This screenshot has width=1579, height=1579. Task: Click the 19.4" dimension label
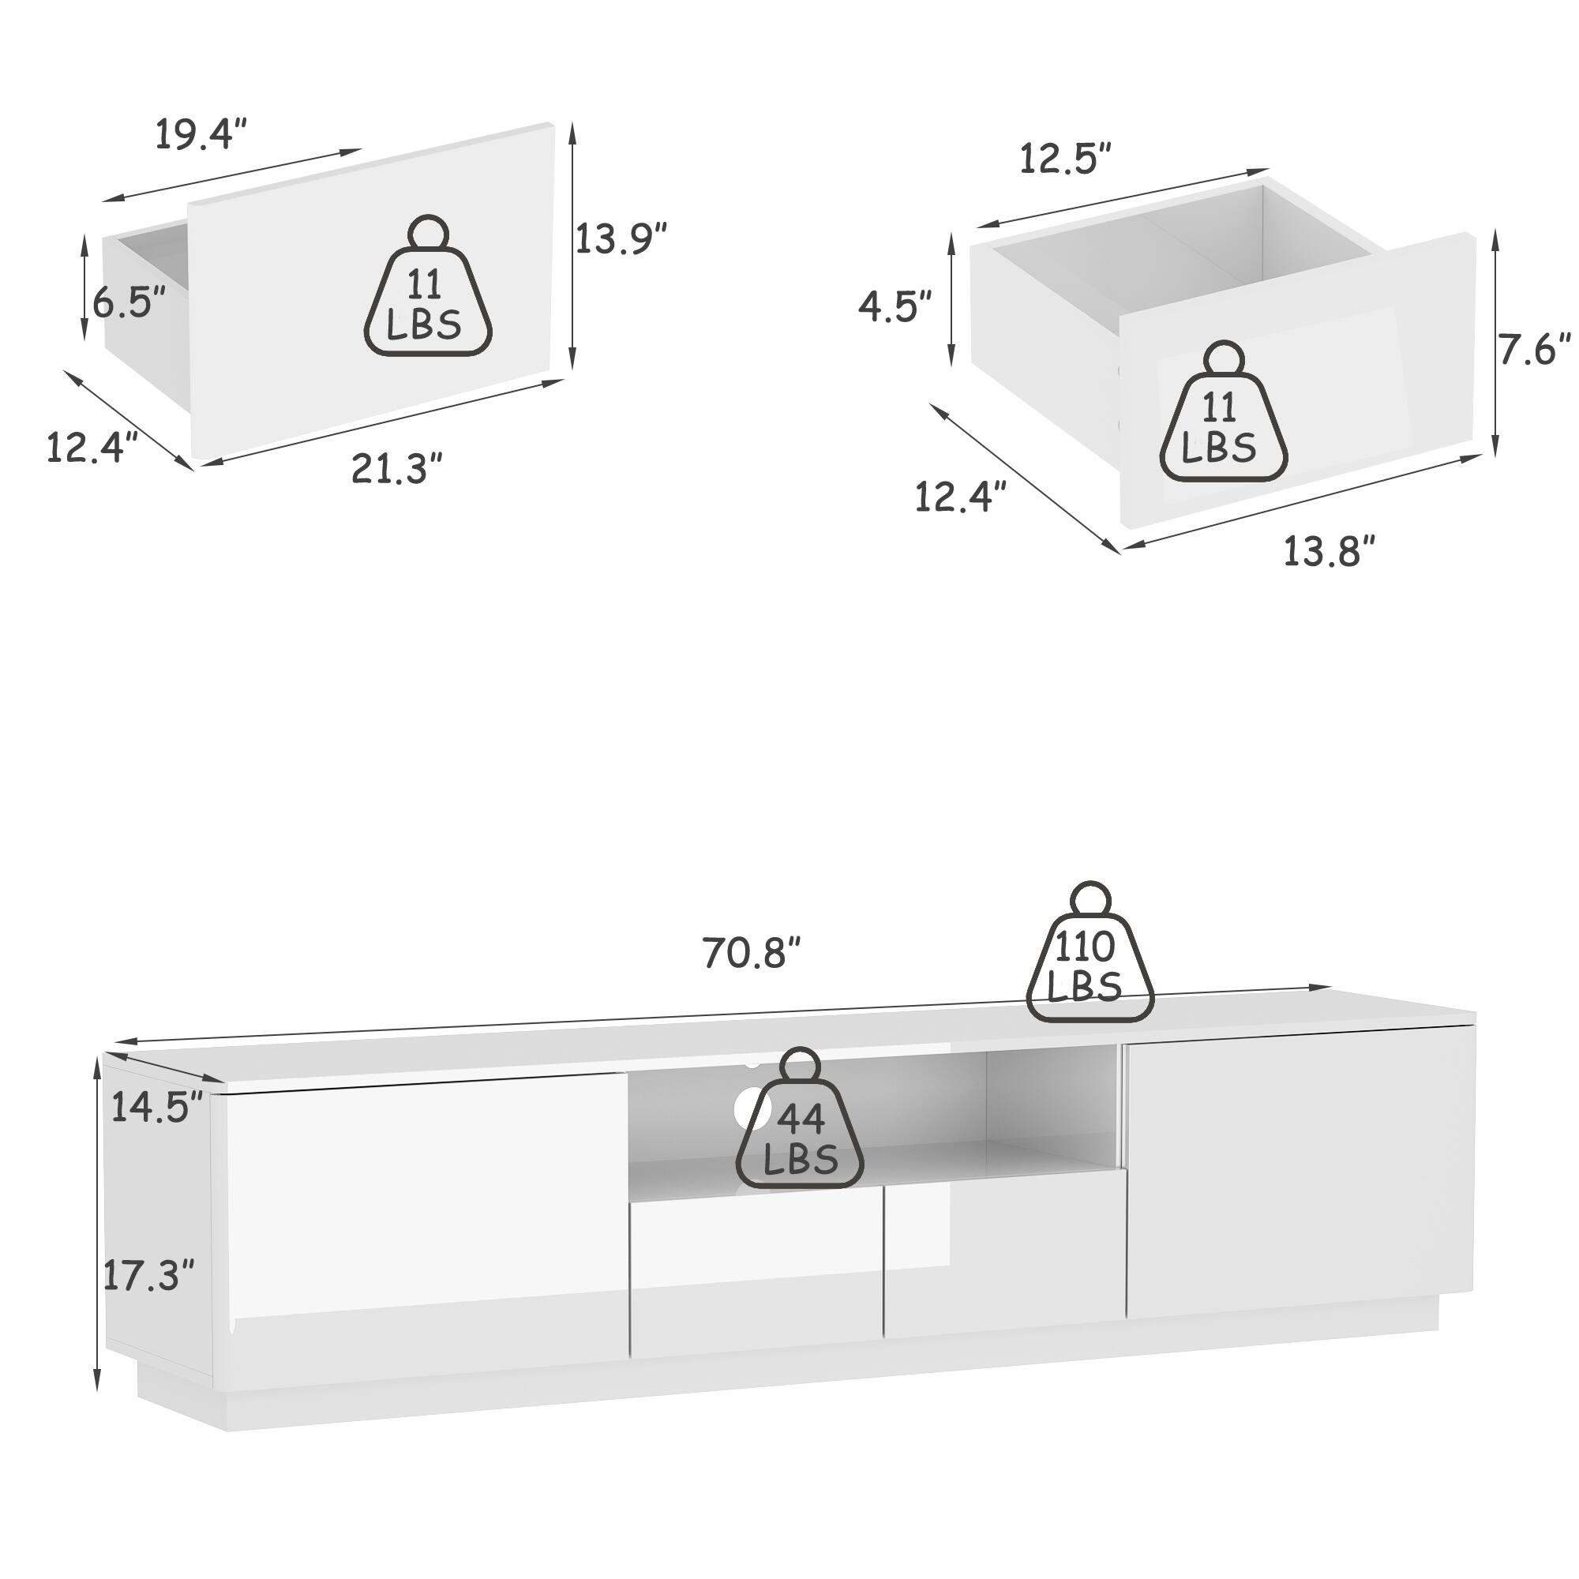[201, 135]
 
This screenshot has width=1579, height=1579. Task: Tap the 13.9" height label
[621, 238]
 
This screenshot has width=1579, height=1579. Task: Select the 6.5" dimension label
[129, 302]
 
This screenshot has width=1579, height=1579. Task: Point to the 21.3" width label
[397, 469]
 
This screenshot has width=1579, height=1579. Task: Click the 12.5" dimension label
[1066, 159]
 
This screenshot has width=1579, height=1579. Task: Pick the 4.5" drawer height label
[895, 306]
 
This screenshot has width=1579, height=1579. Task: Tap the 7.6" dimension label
[1534, 350]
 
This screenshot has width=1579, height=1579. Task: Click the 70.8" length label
[751, 952]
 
